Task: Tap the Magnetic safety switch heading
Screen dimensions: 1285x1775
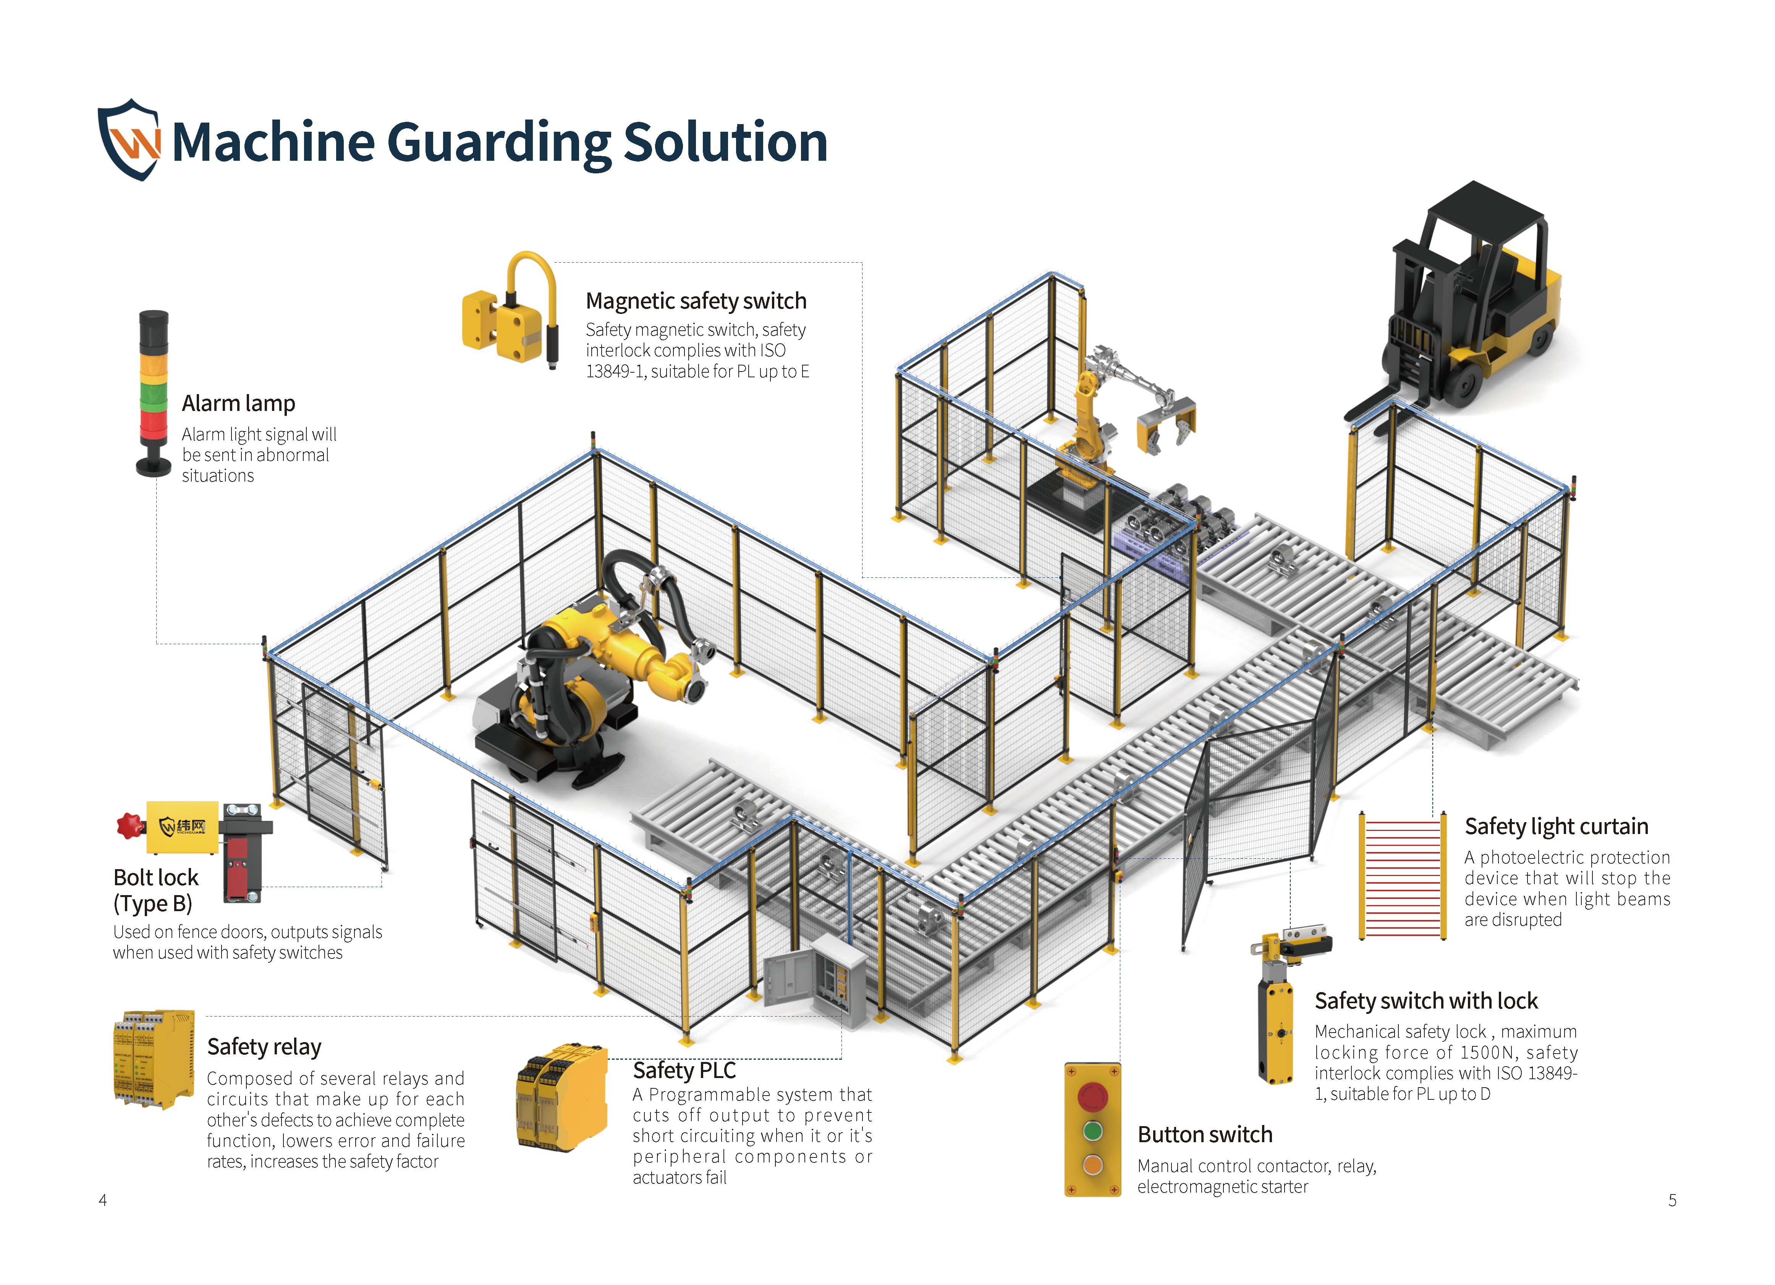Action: point(696,301)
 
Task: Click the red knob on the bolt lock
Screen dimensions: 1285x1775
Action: point(129,826)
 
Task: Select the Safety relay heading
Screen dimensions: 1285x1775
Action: point(264,1047)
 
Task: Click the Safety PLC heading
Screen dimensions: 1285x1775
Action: point(684,1070)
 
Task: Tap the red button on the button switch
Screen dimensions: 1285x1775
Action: point(1092,1096)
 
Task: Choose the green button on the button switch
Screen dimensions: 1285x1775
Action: point(1092,1131)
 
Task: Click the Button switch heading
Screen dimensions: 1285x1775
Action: point(1204,1135)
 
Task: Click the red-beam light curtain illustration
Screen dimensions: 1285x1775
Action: point(1403,876)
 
